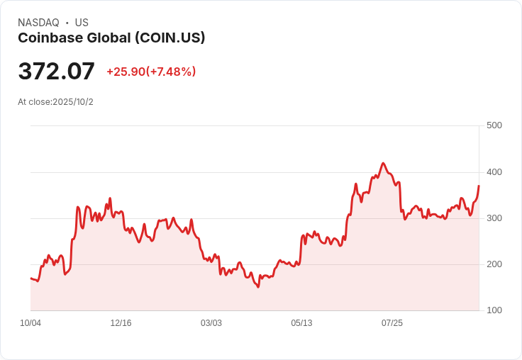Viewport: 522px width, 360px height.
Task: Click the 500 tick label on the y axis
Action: coord(494,125)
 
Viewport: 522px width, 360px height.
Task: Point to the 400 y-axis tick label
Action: coord(494,172)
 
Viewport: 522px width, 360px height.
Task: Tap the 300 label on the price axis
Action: coord(494,218)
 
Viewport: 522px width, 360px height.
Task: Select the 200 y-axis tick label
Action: coord(494,264)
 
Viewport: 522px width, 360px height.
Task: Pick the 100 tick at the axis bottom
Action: coord(494,310)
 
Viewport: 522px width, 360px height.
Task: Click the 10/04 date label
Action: coord(30,323)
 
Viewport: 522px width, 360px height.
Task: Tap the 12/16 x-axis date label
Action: coord(121,323)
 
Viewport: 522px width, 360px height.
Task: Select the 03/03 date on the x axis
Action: coord(211,323)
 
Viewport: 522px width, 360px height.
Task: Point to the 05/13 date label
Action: coord(301,323)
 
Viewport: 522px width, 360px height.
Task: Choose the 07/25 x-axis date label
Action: coord(392,323)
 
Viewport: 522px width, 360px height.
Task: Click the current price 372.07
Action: coord(56,72)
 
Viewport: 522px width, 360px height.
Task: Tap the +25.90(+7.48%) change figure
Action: coord(151,72)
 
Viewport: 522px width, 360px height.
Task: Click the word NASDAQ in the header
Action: coord(38,23)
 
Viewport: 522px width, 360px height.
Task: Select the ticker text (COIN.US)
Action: coord(170,38)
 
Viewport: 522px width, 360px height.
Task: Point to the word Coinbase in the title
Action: coord(48,38)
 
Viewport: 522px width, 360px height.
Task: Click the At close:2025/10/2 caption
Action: coord(55,102)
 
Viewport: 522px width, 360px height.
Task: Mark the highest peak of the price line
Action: coord(383,163)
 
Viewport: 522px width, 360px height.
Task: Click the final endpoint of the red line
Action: coord(479,186)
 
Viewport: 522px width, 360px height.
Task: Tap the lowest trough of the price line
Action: coord(258,287)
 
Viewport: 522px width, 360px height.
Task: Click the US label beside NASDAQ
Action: coord(82,23)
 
